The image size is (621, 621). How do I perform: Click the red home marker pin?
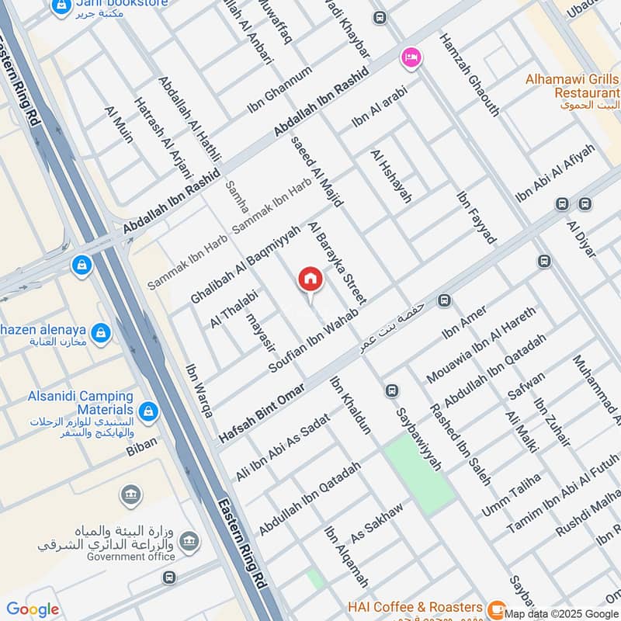(x=310, y=280)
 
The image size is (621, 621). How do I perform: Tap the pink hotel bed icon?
(x=411, y=57)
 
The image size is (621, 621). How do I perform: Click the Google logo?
(x=32, y=609)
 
